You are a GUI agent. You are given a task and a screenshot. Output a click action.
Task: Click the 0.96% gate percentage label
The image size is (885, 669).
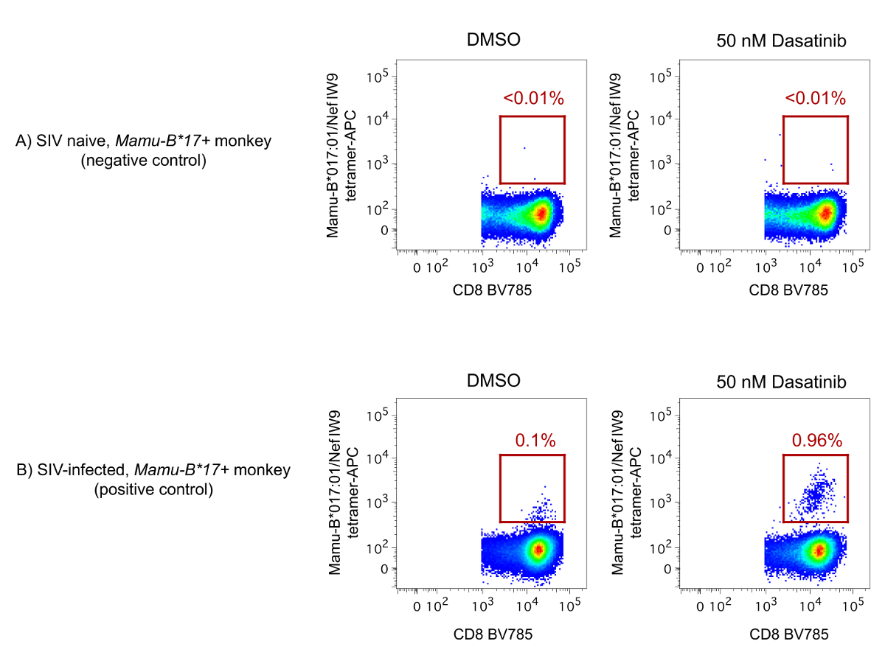click(x=816, y=441)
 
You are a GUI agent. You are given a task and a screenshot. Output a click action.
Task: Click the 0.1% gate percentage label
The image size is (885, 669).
click(x=535, y=441)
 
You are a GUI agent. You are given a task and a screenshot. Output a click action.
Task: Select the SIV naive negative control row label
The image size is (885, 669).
click(x=144, y=150)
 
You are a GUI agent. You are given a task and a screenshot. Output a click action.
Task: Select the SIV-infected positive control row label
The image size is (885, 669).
click(x=153, y=479)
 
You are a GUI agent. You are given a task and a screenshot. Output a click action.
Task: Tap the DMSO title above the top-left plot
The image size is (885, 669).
click(x=494, y=41)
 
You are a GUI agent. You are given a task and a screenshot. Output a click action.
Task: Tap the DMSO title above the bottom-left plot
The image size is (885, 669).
click(x=494, y=381)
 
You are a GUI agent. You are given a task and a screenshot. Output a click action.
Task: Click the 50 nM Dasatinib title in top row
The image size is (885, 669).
click(x=781, y=41)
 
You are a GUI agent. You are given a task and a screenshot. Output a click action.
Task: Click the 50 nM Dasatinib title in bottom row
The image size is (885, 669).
click(x=781, y=381)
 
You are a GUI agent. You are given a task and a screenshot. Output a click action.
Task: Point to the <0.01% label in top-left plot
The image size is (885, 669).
click(x=534, y=98)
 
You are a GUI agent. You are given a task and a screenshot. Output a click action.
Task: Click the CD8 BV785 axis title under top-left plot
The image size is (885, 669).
click(x=493, y=290)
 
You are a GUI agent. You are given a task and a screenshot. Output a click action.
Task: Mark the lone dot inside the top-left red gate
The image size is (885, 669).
click(x=524, y=148)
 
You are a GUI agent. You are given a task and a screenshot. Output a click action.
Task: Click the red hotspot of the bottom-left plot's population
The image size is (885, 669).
click(x=538, y=550)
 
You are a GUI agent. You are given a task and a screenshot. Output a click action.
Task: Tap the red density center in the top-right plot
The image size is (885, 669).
click(x=826, y=214)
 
